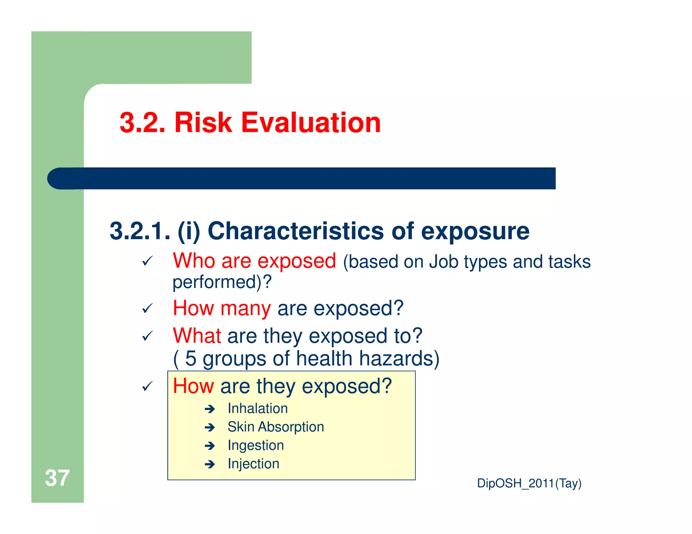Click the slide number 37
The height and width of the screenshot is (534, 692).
pos(57,478)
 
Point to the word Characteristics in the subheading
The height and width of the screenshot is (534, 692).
pos(296,231)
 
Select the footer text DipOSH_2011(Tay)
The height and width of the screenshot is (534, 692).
pos(529,483)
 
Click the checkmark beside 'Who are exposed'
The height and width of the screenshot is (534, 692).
pos(147,261)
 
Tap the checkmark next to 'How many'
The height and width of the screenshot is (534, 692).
pos(147,308)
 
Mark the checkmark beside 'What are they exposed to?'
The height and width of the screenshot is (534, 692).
pos(147,336)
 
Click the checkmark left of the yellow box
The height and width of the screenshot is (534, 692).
pos(147,386)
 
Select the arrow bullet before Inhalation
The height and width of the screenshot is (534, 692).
pos(210,409)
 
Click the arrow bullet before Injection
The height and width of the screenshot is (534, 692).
pos(210,464)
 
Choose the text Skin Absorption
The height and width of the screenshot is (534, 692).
pos(276,427)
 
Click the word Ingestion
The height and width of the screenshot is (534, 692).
pos(256,446)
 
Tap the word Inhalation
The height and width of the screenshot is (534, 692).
pos(257,408)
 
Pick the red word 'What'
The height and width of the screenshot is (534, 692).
pos(197,336)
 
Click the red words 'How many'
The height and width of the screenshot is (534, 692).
pos(222,308)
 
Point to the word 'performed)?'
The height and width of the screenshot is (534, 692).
pos(222,282)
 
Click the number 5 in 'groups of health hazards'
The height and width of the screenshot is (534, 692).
pos(191,358)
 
